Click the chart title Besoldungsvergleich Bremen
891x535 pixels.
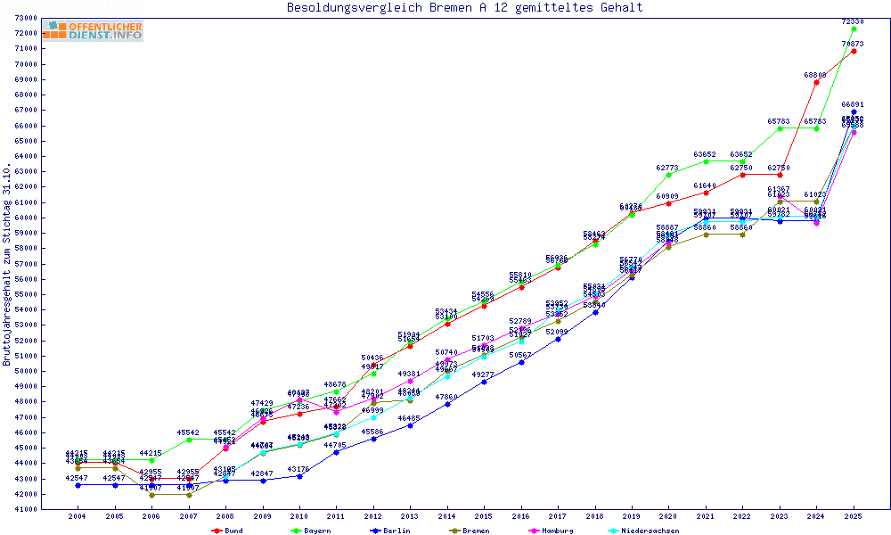pyautogui.click(x=464, y=8)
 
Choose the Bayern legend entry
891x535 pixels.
pyautogui.click(x=312, y=531)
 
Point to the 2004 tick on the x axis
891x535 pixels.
pyautogui.click(x=78, y=516)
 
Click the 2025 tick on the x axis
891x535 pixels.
pyautogui.click(x=854, y=516)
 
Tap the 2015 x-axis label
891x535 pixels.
pyautogui.click(x=484, y=516)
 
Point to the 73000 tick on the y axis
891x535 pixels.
pyautogui.click(x=25, y=18)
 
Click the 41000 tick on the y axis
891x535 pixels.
pyautogui.click(x=25, y=509)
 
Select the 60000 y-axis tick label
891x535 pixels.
pyautogui.click(x=25, y=218)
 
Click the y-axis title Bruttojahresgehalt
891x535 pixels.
pyautogui.click(x=7, y=264)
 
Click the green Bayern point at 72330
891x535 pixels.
pyautogui.click(x=854, y=29)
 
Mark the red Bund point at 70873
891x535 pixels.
pyautogui.click(x=854, y=51)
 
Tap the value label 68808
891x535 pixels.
pyautogui.click(x=815, y=75)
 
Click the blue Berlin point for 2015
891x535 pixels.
pyautogui.click(x=484, y=382)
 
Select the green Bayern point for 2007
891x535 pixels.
pyautogui.click(x=188, y=440)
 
